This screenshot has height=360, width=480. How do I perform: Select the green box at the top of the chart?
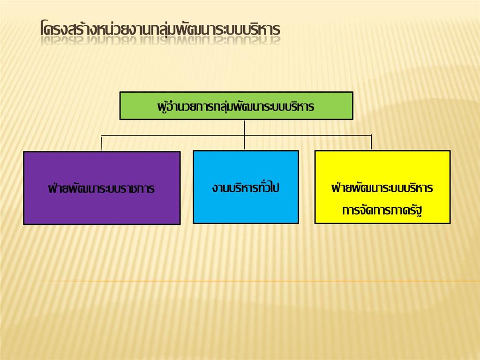[x=236, y=105]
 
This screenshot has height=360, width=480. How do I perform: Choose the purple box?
[x=102, y=188]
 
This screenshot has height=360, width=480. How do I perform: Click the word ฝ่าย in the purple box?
[x=58, y=187]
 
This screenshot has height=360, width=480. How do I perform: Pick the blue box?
[x=246, y=187]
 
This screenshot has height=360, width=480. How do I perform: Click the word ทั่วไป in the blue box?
[x=269, y=187]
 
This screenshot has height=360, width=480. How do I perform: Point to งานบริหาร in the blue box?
[x=235, y=188]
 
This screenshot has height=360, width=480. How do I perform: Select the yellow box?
[x=382, y=187]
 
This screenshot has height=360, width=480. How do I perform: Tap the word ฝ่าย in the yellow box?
[x=341, y=187]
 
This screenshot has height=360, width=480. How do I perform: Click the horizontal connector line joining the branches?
[x=236, y=135]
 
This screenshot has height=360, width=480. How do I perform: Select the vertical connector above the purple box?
[x=102, y=143]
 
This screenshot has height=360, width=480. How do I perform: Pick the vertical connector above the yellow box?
[x=371, y=142]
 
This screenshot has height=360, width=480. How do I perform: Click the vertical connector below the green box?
[x=244, y=135]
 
